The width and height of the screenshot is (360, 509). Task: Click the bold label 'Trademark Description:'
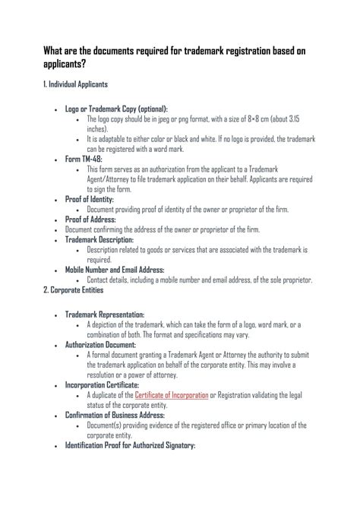[x=99, y=239]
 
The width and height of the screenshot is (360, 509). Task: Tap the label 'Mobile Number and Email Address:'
[x=115, y=269]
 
